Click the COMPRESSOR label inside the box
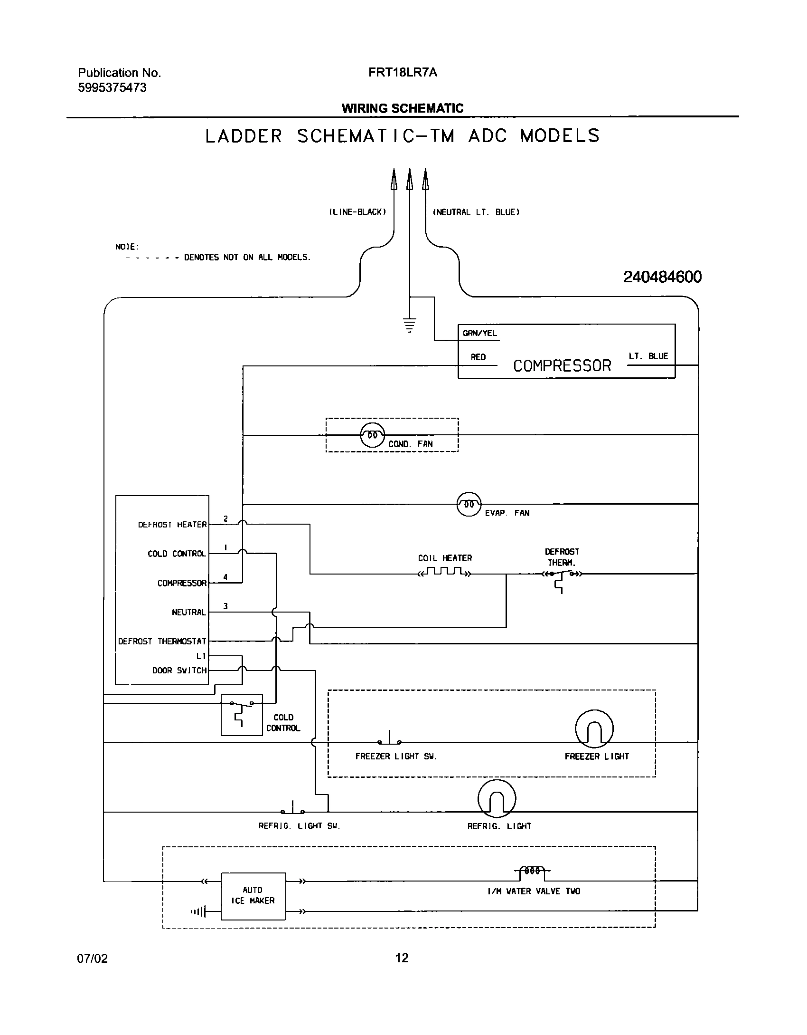point(562,366)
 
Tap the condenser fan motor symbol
point(373,435)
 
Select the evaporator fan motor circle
point(469,504)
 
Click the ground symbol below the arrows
point(409,325)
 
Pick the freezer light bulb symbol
point(594,729)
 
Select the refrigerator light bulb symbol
point(497,799)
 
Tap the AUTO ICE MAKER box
point(253,896)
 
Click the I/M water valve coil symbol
point(532,871)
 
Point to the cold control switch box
point(242,715)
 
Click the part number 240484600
point(662,277)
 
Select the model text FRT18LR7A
point(403,73)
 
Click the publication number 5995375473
point(112,88)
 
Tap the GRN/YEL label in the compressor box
point(479,333)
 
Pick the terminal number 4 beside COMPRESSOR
point(225,577)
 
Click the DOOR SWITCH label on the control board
point(179,671)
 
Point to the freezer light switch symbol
point(389,740)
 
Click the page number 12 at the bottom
point(402,958)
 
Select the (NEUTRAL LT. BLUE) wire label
point(476,212)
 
